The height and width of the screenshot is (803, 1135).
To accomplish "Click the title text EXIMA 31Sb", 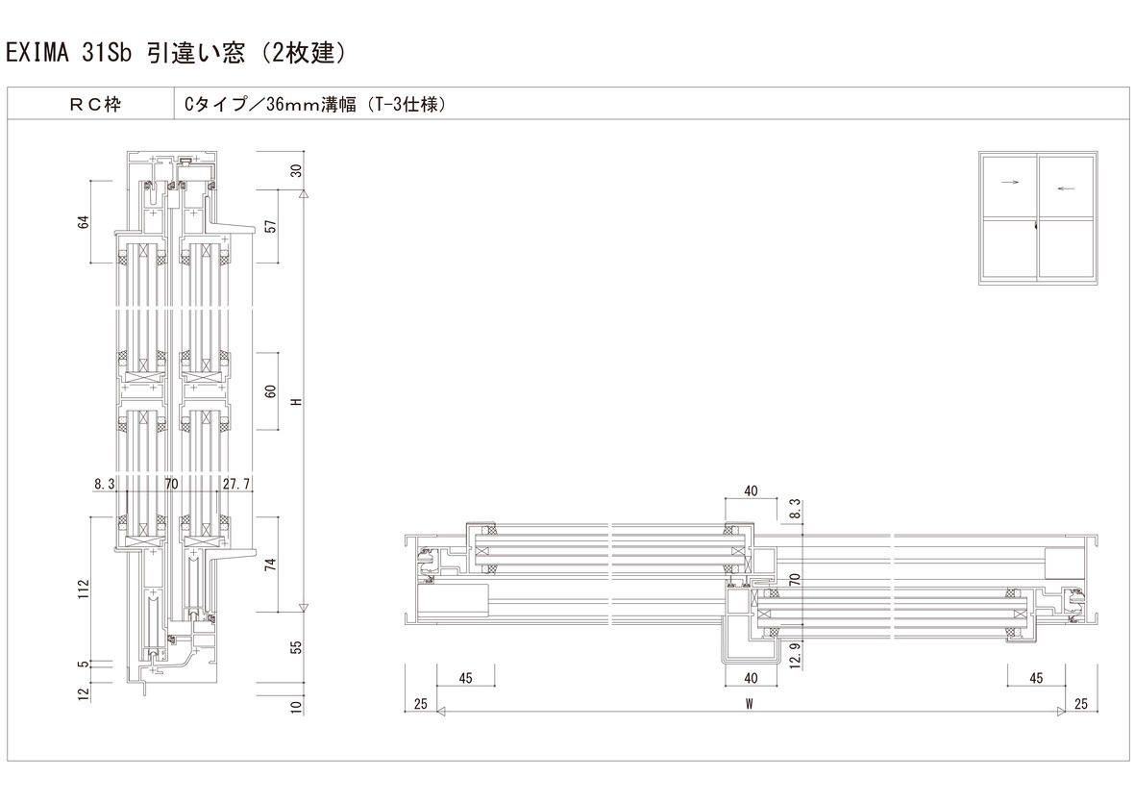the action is point(69,54).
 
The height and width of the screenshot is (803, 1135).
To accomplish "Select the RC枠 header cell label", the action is point(95,105).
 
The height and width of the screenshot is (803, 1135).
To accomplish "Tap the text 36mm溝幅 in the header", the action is point(310,105).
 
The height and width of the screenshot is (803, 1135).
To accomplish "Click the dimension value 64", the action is point(84,221).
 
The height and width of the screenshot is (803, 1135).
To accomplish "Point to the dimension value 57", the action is point(271,225).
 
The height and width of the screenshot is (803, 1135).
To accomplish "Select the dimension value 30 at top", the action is point(296,171).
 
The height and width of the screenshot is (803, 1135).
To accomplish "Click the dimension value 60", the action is point(271,391).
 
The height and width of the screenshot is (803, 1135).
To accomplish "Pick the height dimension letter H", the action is point(296,401).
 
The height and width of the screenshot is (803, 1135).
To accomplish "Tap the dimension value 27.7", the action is point(236,484).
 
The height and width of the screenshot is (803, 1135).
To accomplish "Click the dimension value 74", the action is point(271,565).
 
